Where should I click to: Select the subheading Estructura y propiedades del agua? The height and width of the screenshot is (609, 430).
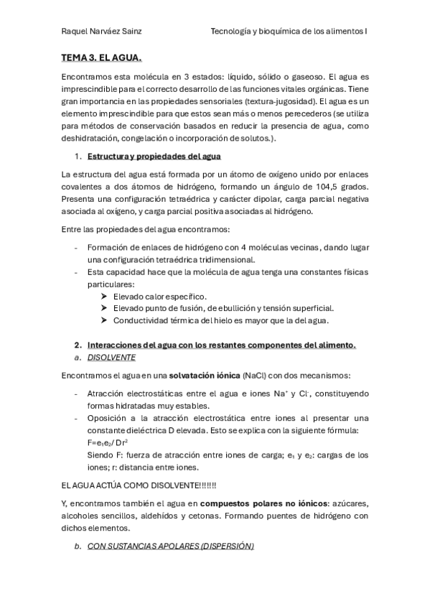154,156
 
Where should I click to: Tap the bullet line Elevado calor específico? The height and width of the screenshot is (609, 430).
160,297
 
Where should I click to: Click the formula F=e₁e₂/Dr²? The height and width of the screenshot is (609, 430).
108,442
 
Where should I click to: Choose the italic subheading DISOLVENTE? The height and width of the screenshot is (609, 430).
111,357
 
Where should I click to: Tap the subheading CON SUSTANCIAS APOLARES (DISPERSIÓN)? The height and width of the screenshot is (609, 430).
171,546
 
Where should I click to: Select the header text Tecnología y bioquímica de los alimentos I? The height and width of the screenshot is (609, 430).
289,31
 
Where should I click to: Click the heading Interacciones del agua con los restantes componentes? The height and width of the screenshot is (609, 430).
220,345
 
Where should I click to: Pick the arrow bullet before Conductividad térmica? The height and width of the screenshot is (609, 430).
106,320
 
